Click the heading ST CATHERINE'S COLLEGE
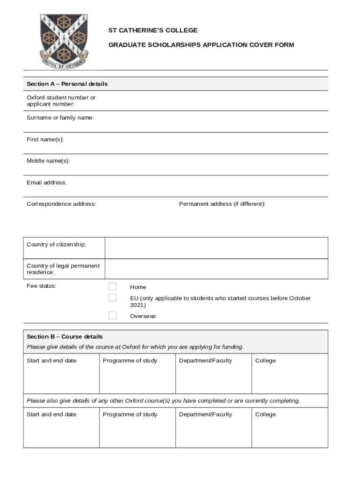coord(153,30)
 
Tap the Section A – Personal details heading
coord(67,84)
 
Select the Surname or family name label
coord(60,118)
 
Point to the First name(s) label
coord(45,139)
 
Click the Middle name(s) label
coord(48,161)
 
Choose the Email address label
coord(46,182)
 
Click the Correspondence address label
coord(61,204)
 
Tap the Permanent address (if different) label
coord(222,204)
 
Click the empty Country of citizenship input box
coord(216,247)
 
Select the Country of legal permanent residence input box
coord(216,269)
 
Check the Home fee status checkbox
coord(112,287)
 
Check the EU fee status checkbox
coord(112,298)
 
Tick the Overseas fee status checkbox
coord(112,316)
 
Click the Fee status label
coord(42,286)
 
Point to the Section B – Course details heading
coord(65,337)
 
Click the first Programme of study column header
coord(130,361)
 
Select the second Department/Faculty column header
coord(205,414)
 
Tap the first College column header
coord(266,361)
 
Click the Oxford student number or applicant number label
coord(61,101)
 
